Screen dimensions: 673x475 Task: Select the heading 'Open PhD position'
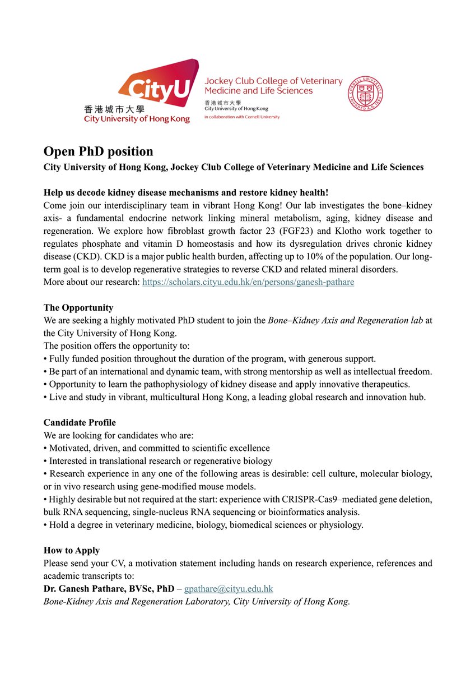point(98,152)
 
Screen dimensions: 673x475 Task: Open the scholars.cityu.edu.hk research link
point(248,282)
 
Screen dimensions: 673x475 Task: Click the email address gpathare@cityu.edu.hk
point(229,588)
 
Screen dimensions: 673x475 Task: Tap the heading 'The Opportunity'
point(78,307)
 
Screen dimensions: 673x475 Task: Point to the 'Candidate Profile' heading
point(80,422)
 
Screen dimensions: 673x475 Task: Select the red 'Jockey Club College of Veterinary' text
point(273,81)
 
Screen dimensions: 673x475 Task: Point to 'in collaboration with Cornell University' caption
point(242,117)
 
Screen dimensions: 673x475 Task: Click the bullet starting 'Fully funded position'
point(210,358)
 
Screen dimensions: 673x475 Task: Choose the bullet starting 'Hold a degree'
point(204,525)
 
